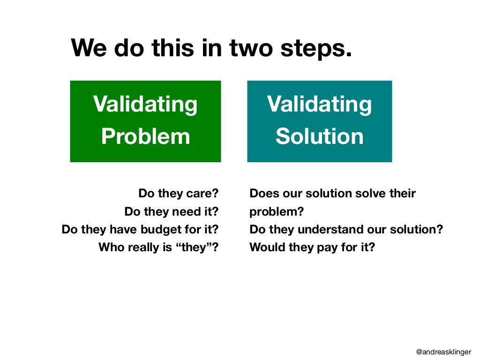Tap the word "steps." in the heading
coord(319,48)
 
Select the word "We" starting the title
coord(89,48)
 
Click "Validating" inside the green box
coord(145,104)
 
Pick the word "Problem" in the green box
coord(145,136)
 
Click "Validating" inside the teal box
coord(319,104)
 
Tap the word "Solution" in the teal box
coord(319,136)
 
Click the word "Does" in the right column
coord(263,194)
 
